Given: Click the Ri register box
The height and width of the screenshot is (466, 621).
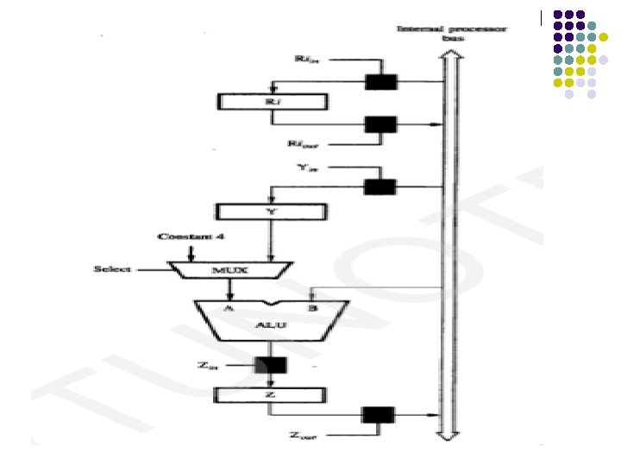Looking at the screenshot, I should click(x=272, y=101).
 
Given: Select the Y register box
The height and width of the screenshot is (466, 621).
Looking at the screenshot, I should click(x=272, y=211).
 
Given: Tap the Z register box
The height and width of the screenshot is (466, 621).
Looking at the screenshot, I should click(x=272, y=395).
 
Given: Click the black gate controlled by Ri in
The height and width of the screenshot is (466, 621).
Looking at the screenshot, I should click(x=380, y=82).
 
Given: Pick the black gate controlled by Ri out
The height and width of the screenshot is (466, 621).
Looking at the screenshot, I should click(x=380, y=124).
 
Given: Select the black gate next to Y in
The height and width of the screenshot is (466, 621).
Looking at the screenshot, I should click(x=380, y=186).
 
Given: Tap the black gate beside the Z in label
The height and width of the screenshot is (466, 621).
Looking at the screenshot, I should click(x=271, y=364).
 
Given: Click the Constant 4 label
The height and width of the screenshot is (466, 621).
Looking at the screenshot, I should click(x=191, y=236).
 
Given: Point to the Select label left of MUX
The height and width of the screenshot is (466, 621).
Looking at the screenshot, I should click(x=112, y=270).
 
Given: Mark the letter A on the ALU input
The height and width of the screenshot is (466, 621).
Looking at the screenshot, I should click(x=229, y=307).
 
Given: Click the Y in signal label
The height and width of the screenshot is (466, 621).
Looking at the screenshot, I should click(x=306, y=166).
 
